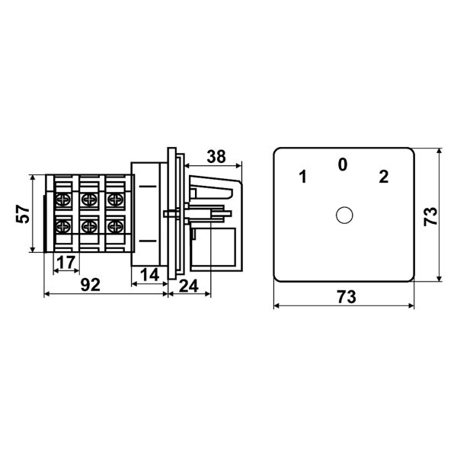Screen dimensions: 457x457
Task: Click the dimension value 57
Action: coord(23,214)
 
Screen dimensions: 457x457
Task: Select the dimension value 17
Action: coord(66,262)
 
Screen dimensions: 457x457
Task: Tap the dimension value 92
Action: coord(91,285)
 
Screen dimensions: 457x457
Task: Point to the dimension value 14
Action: coord(150,275)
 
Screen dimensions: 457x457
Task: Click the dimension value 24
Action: coord(189,286)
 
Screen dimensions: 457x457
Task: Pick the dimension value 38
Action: coord(216,156)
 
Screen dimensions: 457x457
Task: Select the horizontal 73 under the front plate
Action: coord(347,297)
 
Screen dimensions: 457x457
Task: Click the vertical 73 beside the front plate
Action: coord(431,216)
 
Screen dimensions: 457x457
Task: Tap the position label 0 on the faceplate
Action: coord(343,165)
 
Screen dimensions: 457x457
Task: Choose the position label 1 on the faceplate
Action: coord(303,177)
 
